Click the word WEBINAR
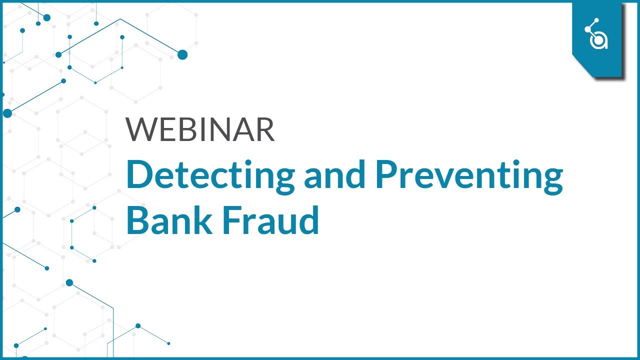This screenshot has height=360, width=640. pos(200,130)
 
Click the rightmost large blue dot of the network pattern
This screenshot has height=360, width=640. pos(182,55)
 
